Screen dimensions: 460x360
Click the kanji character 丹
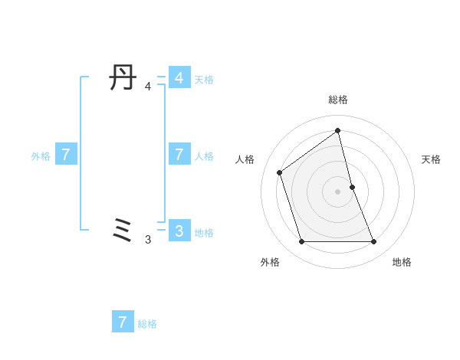click(x=123, y=78)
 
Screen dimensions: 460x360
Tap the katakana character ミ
click(x=123, y=230)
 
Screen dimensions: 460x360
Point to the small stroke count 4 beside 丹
click(x=148, y=87)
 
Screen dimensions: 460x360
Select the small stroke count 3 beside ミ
click(x=148, y=240)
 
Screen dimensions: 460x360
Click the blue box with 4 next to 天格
click(x=179, y=78)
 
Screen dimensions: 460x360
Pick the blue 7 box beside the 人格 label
click(x=179, y=154)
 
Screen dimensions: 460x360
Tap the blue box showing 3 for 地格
click(x=179, y=230)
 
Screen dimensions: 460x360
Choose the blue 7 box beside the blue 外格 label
click(x=66, y=154)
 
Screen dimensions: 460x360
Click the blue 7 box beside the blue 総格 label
click(x=123, y=322)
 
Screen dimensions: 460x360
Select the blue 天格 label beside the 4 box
click(x=204, y=80)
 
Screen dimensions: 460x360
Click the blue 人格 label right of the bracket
click(x=204, y=156)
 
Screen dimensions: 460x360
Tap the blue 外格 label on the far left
click(x=41, y=156)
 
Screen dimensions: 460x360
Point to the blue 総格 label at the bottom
click(x=147, y=324)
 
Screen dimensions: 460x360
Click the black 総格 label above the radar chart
click(x=338, y=100)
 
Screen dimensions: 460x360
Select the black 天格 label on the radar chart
click(x=431, y=159)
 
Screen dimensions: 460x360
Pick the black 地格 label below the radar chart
click(x=402, y=262)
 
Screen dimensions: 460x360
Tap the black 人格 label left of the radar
click(x=245, y=159)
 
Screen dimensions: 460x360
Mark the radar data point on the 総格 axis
click(x=338, y=130)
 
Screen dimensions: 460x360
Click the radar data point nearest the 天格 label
click(x=352, y=187)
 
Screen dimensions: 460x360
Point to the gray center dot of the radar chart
click(x=338, y=191)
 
